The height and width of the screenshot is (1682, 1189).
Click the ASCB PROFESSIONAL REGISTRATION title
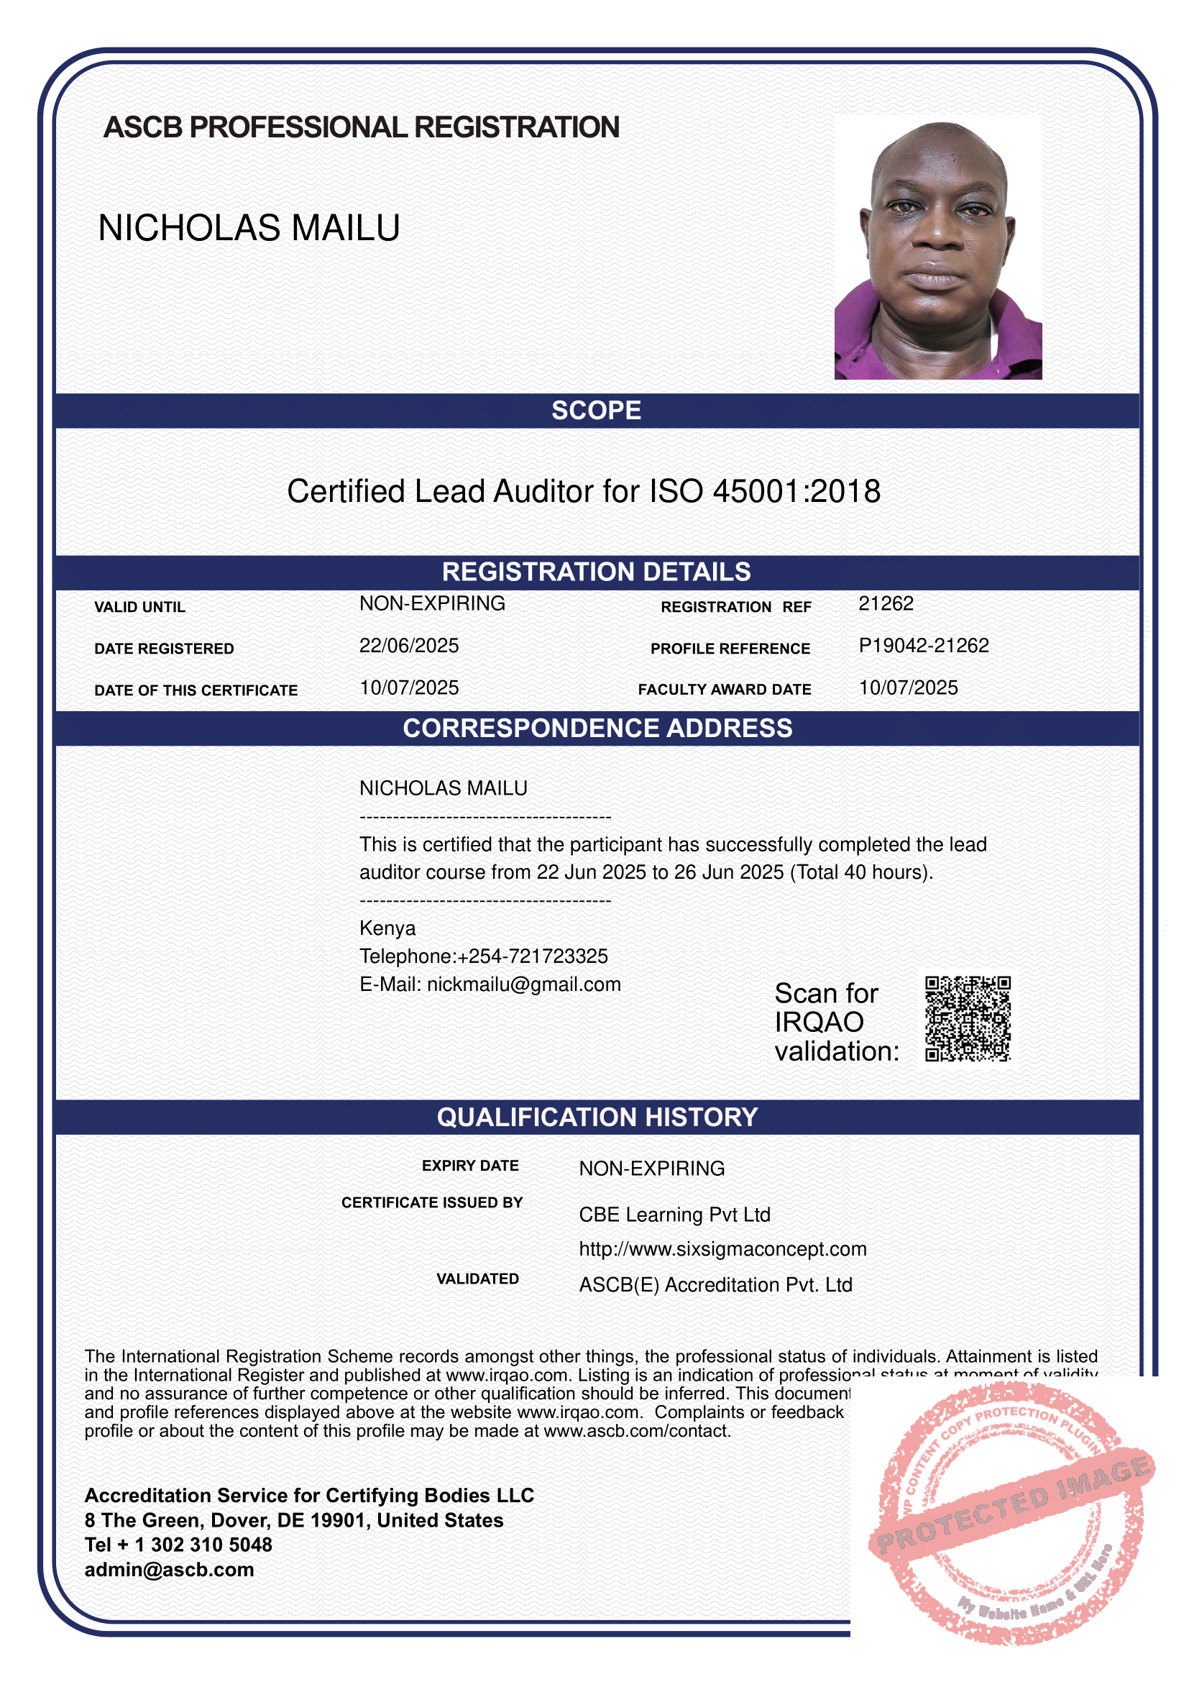coord(361,127)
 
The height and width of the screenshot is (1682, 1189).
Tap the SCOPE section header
coord(596,410)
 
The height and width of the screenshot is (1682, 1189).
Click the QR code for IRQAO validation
coord(967,1018)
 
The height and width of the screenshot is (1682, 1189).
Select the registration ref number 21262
coord(886,603)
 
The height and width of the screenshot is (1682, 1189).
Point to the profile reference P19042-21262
coord(923,645)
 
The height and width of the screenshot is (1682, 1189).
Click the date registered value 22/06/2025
coord(408,645)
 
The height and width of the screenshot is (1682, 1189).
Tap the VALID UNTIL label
coord(140,608)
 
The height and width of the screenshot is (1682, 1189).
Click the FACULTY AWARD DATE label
coord(724,690)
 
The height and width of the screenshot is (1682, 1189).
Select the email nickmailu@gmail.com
coord(523,984)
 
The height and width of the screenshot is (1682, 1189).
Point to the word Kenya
coord(387,928)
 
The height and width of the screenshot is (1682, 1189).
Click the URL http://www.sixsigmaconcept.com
coord(722,1249)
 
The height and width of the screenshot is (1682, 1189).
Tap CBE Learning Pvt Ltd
coord(674,1215)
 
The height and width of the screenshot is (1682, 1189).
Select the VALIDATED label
coord(477,1279)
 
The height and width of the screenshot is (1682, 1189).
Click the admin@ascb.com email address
coord(169,1570)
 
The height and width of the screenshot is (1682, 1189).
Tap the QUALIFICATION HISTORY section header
coord(597,1117)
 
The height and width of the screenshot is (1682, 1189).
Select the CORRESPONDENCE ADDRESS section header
coord(597,728)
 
